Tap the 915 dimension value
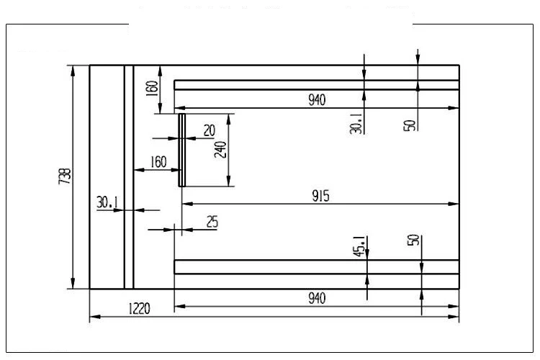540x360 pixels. tap(321, 197)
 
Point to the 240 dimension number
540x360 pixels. tap(220, 149)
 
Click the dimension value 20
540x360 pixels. tap(210, 130)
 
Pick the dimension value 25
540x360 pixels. tap(212, 222)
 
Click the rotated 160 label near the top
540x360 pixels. tap(151, 89)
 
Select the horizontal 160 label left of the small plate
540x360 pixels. tap(158, 162)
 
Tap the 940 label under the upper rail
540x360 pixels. tap(317, 101)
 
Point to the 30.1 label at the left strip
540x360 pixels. tap(107, 203)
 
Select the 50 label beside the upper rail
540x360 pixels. tap(409, 124)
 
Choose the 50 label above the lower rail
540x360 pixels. tap(413, 240)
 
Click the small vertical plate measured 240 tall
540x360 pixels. tap(181, 150)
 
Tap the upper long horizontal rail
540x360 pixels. tap(317, 85)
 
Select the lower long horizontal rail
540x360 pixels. tap(317, 267)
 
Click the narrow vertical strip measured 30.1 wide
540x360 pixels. tap(129, 177)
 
